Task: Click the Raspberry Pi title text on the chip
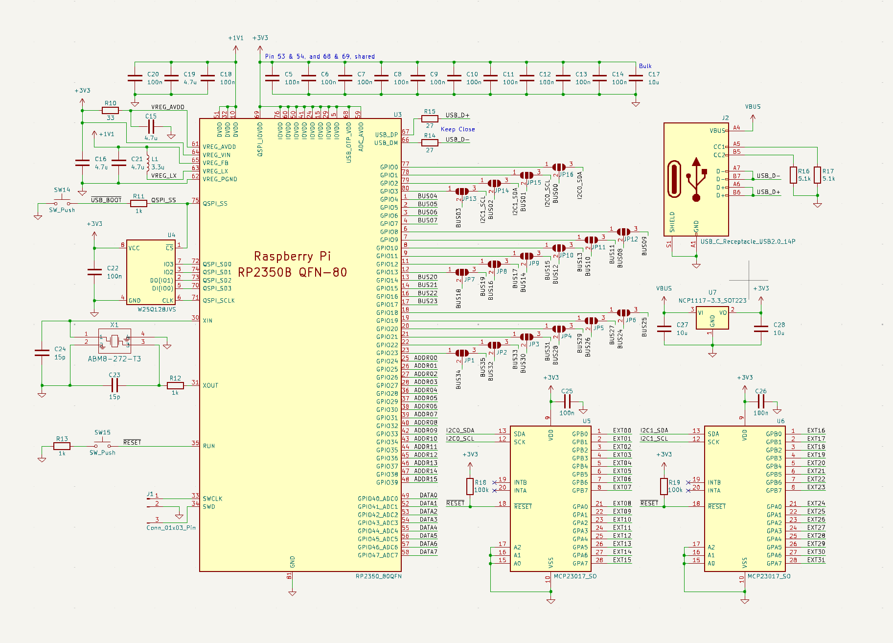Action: [x=292, y=256]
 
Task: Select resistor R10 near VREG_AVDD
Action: [x=111, y=111]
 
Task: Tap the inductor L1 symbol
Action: [x=148, y=163]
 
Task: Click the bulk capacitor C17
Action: [x=636, y=78]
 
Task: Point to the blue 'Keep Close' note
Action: [x=458, y=129]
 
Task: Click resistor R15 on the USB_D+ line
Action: [x=430, y=119]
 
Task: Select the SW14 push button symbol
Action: [x=62, y=202]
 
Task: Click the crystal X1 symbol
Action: [x=114, y=340]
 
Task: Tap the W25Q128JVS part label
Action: [x=157, y=310]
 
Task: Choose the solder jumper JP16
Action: [x=558, y=167]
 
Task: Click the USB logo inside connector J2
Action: [x=696, y=179]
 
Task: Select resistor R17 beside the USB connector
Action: [x=817, y=175]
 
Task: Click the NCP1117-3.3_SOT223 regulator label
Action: [x=712, y=301]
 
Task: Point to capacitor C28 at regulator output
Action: [x=761, y=329]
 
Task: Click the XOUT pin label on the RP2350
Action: [x=210, y=385]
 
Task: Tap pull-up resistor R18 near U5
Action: [x=470, y=486]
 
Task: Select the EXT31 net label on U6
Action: [x=816, y=560]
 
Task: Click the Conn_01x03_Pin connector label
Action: [x=171, y=528]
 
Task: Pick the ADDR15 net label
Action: [x=426, y=479]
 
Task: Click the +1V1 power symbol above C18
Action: [x=235, y=38]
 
